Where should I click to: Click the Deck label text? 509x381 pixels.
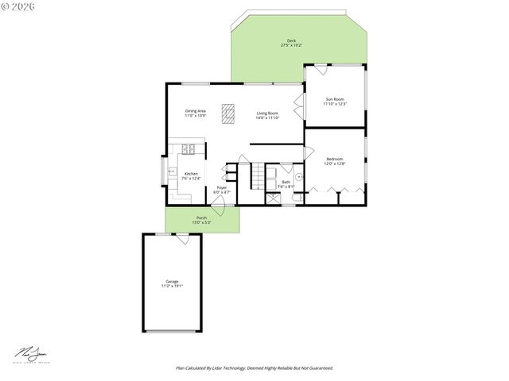pyautogui.click(x=292, y=40)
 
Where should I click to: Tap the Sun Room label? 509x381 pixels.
pyautogui.click(x=334, y=99)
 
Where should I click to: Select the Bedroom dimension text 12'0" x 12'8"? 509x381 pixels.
pyautogui.click(x=335, y=164)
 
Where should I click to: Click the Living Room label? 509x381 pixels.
pyautogui.click(x=267, y=114)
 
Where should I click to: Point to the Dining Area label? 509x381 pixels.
pyautogui.click(x=196, y=111)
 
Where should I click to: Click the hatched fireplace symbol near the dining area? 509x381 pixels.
pyautogui.click(x=229, y=114)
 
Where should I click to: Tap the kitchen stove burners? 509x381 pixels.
pyautogui.click(x=189, y=148)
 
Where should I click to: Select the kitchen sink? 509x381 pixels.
pyautogui.click(x=171, y=171)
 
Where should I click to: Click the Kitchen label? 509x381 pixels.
pyautogui.click(x=191, y=174)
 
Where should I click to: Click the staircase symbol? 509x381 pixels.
pyautogui.click(x=258, y=175)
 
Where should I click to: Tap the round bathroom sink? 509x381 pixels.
pyautogui.click(x=297, y=177)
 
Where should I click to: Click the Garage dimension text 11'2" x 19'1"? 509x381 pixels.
pyautogui.click(x=172, y=286)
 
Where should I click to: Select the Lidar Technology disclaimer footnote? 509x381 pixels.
pyautogui.click(x=254, y=368)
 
